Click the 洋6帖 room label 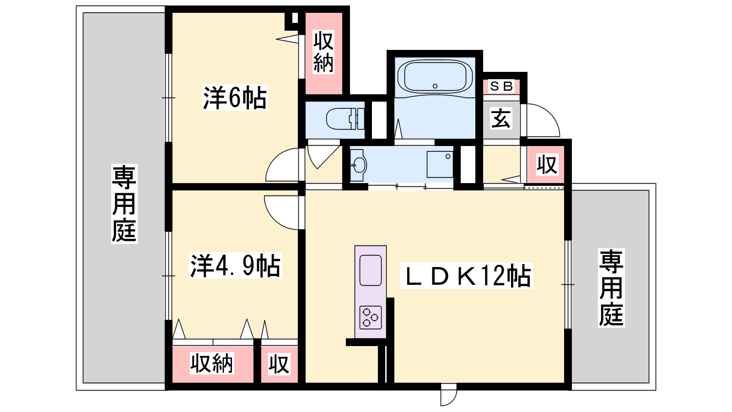[235, 98]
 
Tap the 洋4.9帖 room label [235, 265]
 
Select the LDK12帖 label [466, 276]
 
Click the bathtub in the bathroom [435, 77]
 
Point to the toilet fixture [345, 119]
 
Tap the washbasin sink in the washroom [359, 165]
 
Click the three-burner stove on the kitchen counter [371, 317]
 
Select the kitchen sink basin [371, 271]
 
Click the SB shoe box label [501, 87]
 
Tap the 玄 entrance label [501, 119]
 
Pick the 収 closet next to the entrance [547, 164]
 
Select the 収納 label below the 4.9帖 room [212, 363]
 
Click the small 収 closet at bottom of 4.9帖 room [279, 363]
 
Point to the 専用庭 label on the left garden [124, 204]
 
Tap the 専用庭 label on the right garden [611, 288]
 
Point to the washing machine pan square [440, 164]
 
